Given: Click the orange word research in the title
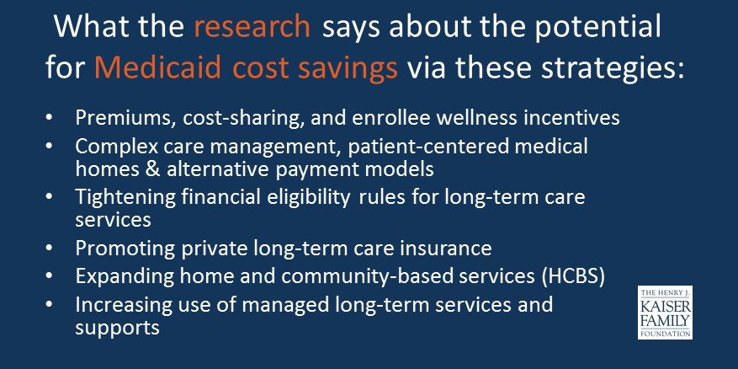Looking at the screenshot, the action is pyautogui.click(x=252, y=27).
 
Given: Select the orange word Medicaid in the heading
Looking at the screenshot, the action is pyautogui.click(x=157, y=68).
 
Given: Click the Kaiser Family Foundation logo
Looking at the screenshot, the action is pyautogui.click(x=665, y=312).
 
